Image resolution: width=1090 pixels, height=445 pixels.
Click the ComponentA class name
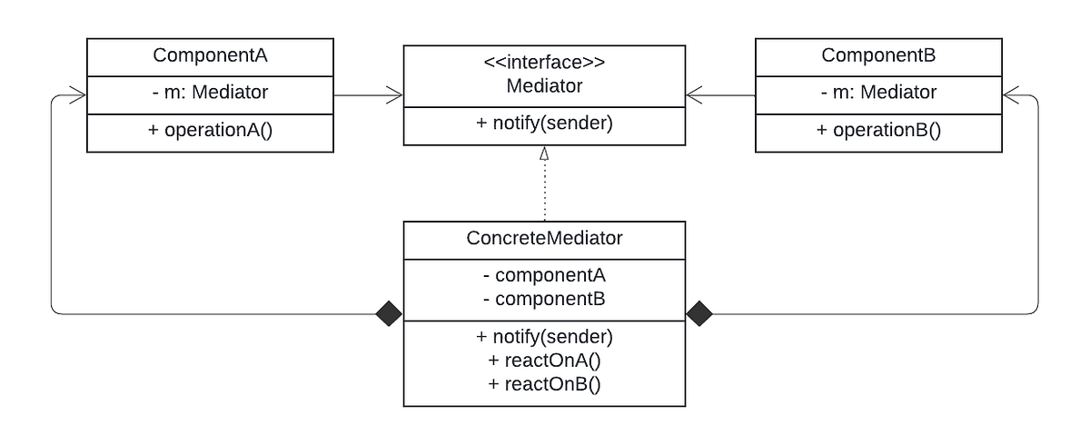point(210,54)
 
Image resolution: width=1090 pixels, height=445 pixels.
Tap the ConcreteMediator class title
point(544,239)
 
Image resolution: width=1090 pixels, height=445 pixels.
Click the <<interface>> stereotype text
point(544,64)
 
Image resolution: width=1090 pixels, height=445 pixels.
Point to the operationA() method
point(210,130)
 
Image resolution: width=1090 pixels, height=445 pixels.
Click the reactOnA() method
point(544,360)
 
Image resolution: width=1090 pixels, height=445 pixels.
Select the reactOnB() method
point(544,383)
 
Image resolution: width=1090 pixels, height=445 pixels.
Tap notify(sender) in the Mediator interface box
point(544,124)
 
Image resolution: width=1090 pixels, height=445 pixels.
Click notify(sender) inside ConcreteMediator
point(544,336)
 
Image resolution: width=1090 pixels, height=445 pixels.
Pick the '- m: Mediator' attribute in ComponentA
point(210,92)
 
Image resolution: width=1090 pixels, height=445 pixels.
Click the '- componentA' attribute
point(544,275)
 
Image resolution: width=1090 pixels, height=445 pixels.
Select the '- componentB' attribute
point(544,298)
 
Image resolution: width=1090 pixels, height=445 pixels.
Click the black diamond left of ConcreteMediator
point(389,314)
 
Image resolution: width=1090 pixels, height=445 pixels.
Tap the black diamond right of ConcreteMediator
point(699,314)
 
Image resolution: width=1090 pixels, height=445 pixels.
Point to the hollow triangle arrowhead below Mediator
point(544,154)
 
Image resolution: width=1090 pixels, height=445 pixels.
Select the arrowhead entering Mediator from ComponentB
point(693,93)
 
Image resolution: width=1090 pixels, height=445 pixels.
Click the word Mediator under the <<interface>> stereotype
point(544,86)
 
